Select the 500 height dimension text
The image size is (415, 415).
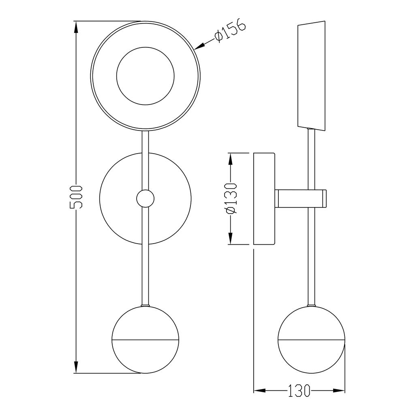point(76,197)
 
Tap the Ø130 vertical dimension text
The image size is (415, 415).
point(230,198)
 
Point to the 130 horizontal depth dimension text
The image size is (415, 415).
point(299,391)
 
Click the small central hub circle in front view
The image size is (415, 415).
point(145,199)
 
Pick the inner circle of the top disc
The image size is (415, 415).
point(145,76)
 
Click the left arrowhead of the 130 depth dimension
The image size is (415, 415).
point(260,390)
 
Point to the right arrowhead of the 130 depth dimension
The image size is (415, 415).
point(339,390)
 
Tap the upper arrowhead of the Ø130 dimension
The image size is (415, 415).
point(231,159)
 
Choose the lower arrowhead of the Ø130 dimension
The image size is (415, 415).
point(231,238)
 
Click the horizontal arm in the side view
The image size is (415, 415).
point(301,198)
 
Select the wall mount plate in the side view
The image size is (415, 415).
point(264,199)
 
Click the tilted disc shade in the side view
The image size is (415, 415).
point(312,76)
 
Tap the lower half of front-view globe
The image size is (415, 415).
point(145,356)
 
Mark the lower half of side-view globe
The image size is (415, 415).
point(312,356)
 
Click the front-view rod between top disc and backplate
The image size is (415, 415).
point(145,160)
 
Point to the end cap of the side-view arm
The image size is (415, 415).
point(324,198)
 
